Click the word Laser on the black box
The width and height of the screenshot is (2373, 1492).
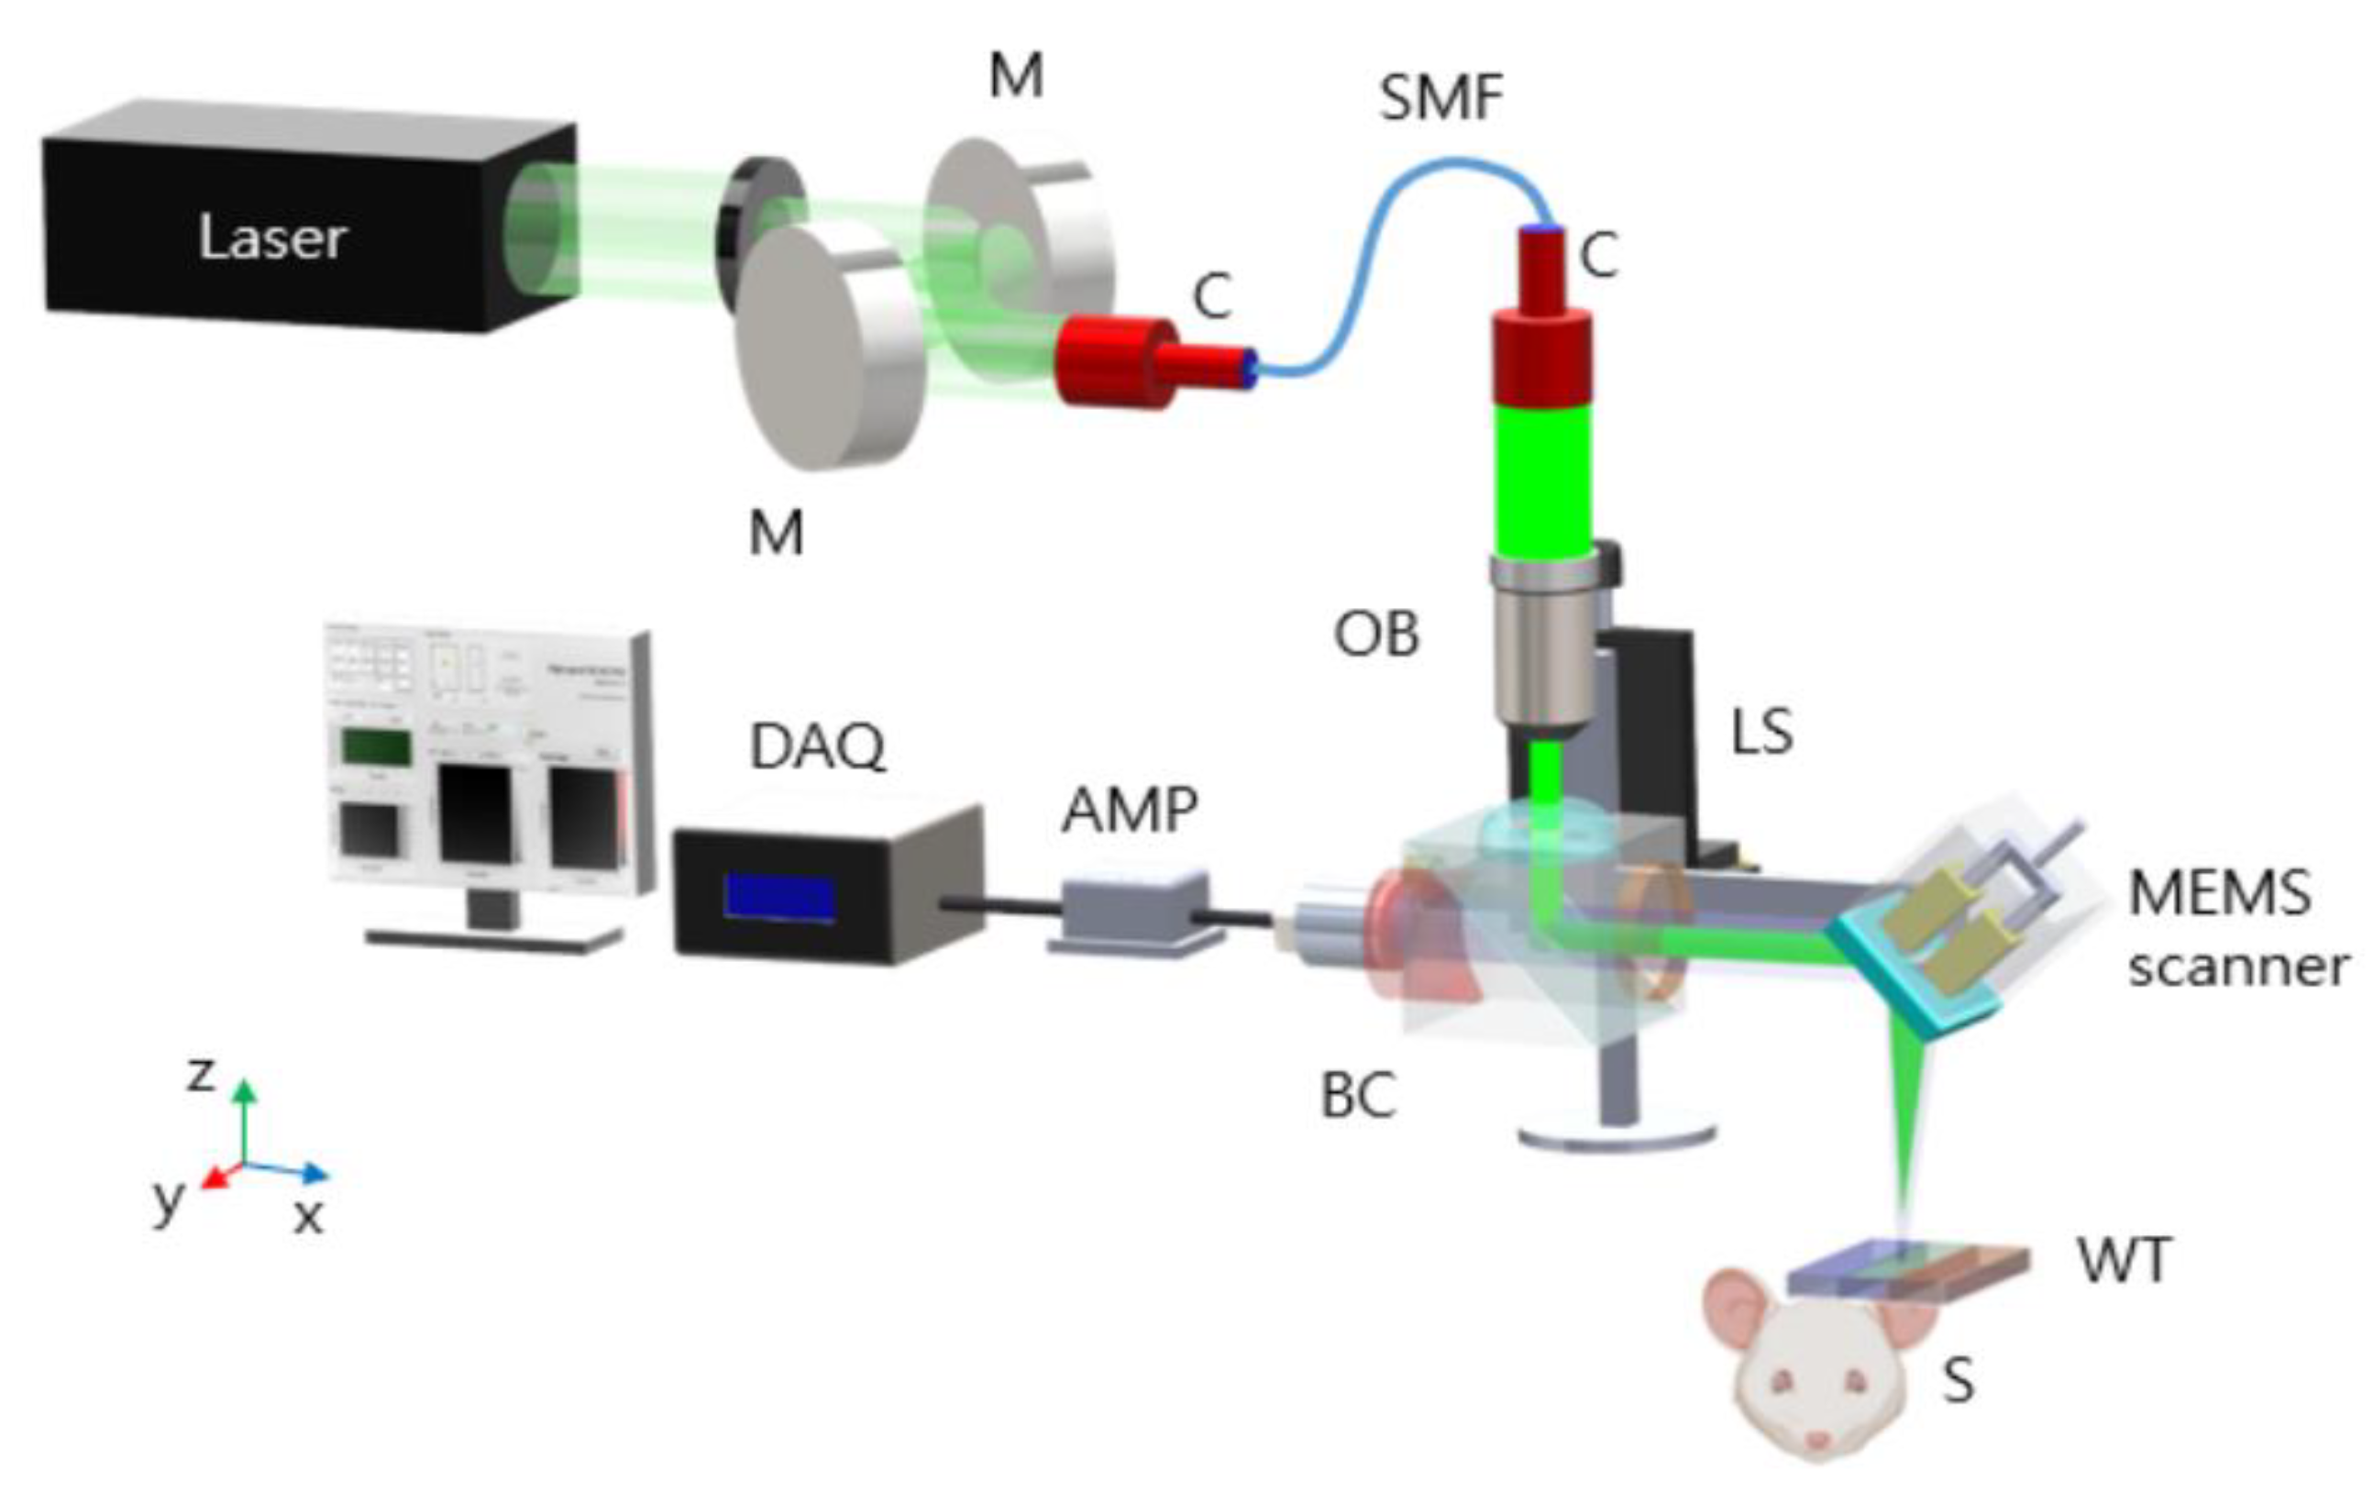[x=272, y=238]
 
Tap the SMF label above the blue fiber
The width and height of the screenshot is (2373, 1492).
[x=1440, y=98]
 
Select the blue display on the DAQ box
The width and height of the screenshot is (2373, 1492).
[x=779, y=897]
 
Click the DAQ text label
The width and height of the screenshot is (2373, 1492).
[x=817, y=747]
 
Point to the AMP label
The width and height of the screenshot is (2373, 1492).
[x=1130, y=810]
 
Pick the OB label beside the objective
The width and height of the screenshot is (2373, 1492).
[x=1375, y=634]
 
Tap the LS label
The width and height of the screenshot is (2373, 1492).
[x=1762, y=732]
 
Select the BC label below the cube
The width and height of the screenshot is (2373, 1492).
[x=1358, y=1095]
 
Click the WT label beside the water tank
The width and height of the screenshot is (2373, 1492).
[x=2124, y=1259]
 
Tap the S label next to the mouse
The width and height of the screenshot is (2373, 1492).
[x=1957, y=1382]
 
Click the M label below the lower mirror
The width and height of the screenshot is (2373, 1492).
[x=776, y=534]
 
